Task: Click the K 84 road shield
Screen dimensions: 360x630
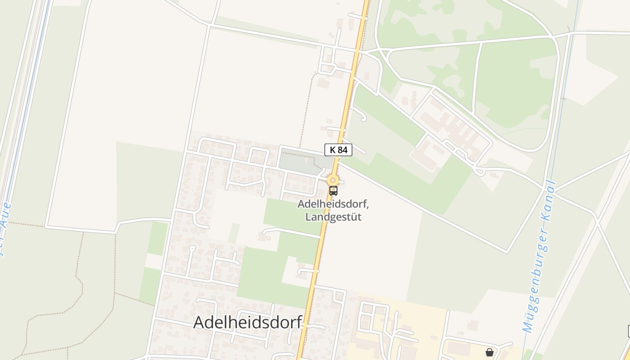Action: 338,150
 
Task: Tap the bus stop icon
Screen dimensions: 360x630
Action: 333,191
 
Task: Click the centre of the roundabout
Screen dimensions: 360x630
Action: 333,180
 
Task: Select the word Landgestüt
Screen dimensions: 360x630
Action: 333,217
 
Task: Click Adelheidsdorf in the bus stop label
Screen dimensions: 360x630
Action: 333,204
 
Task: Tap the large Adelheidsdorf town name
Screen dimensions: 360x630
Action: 247,323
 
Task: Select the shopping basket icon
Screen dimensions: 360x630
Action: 489,352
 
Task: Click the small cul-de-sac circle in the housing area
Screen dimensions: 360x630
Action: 192,248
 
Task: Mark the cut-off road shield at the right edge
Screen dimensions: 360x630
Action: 628,331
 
